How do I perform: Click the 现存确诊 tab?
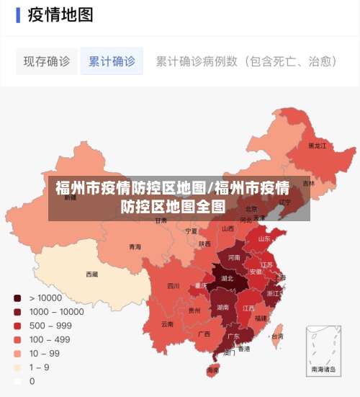[x=47, y=62]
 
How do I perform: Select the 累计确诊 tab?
[x=112, y=62]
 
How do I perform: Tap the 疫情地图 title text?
[x=60, y=15]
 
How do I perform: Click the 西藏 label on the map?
[x=91, y=275]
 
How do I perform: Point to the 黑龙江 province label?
[x=318, y=146]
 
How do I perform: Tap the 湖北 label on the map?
[x=228, y=278]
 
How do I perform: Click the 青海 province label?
[x=135, y=247]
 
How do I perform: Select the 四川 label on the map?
[x=174, y=286]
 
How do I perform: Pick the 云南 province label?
[x=167, y=324]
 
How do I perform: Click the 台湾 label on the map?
[x=276, y=336]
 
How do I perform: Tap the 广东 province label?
[x=233, y=336]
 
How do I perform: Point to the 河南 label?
[x=235, y=257]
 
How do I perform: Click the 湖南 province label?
[x=224, y=307]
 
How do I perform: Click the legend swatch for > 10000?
[x=17, y=298]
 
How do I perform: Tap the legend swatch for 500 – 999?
[x=17, y=326]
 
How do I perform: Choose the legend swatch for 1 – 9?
[x=17, y=367]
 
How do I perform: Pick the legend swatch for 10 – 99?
[x=17, y=354]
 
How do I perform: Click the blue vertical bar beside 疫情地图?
[x=18, y=15]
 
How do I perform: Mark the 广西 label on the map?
[x=204, y=334]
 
